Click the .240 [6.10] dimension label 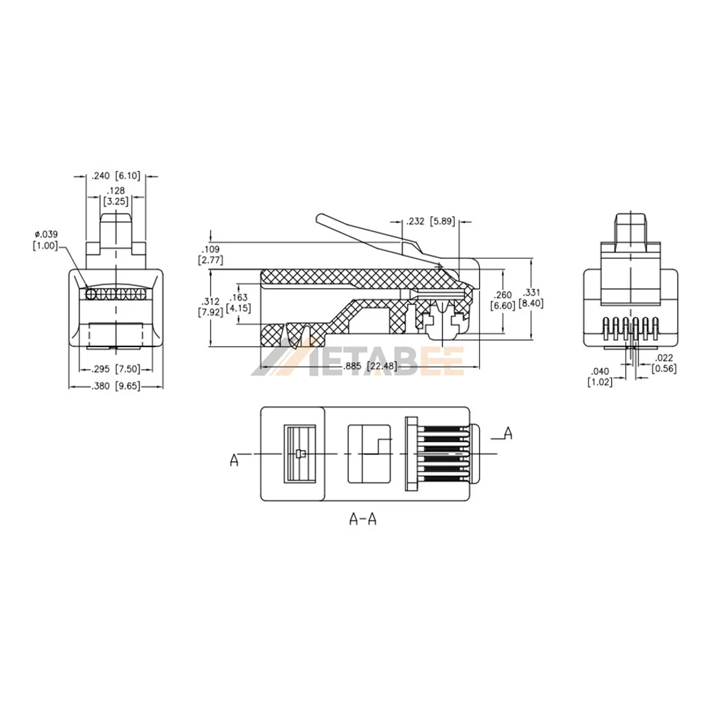pyautogui.click(x=116, y=175)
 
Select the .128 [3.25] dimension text pyautogui.click(x=116, y=196)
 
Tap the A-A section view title pyautogui.click(x=362, y=520)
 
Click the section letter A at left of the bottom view pyautogui.click(x=234, y=461)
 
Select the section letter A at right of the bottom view pyautogui.click(x=507, y=431)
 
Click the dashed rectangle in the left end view pyautogui.click(x=116, y=334)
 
